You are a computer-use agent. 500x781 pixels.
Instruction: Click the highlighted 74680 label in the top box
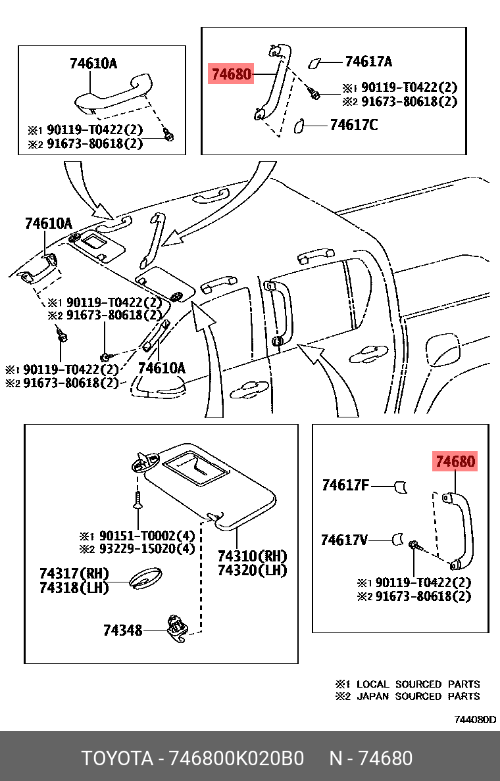tap(230, 74)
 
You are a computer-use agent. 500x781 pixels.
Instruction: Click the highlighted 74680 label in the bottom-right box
tap(454, 461)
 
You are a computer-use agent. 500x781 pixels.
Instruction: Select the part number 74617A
tap(368, 62)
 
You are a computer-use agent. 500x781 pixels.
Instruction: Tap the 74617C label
tap(354, 124)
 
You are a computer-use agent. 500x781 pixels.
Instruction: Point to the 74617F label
tap(345, 486)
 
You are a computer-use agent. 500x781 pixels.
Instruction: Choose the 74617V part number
tap(344, 540)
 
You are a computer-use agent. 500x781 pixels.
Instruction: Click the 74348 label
tap(122, 630)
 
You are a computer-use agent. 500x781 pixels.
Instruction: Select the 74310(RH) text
tap(253, 556)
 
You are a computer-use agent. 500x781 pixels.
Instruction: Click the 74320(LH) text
tap(253, 570)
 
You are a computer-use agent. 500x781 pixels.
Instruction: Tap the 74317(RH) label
tap(74, 574)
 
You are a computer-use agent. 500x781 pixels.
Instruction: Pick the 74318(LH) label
tap(74, 588)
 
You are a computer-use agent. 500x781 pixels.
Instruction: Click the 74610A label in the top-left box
tap(93, 64)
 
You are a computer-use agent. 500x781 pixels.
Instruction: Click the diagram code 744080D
tap(475, 719)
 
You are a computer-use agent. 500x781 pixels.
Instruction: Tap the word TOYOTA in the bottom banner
tap(117, 759)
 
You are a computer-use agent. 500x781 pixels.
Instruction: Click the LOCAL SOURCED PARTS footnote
tap(417, 684)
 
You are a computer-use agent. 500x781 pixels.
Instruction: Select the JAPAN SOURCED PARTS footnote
tap(417, 696)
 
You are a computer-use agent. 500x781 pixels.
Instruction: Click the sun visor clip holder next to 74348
tap(177, 627)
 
